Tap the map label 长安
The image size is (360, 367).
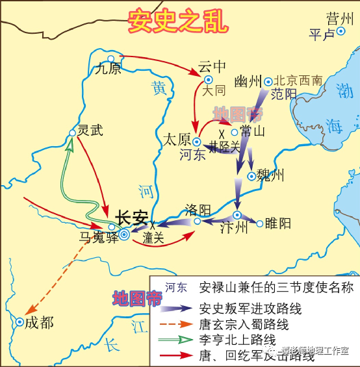(132, 218)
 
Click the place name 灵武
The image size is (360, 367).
(90, 130)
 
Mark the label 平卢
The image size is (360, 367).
(322, 34)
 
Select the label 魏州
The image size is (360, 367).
(271, 175)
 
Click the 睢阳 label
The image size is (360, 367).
(277, 224)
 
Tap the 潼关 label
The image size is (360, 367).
(153, 238)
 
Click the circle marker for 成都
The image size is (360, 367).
(20, 322)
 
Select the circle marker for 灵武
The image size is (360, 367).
(72, 133)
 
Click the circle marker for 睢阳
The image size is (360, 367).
(260, 224)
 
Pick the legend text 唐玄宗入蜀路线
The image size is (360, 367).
(244, 325)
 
